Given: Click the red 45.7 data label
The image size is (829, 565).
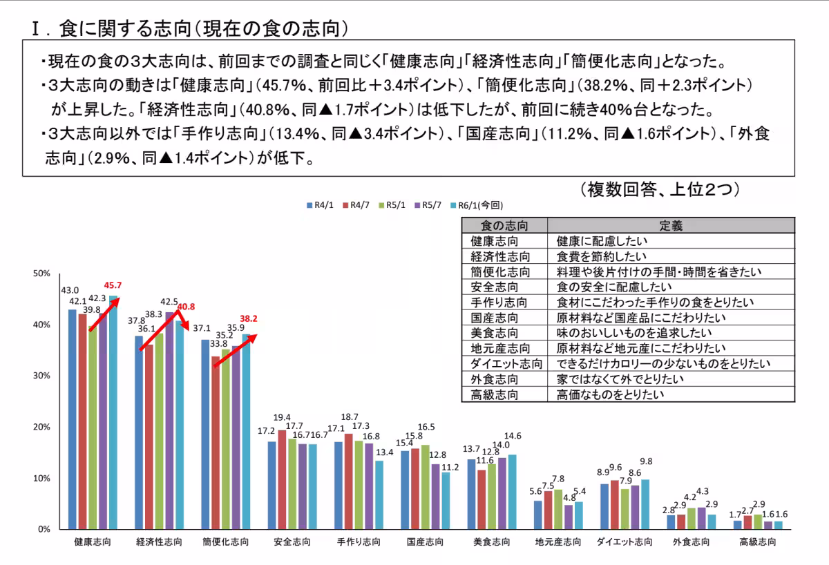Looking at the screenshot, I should tap(113, 285).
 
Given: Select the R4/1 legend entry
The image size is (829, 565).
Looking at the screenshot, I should tap(321, 205).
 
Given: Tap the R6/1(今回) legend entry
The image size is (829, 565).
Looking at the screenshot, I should tap(477, 205).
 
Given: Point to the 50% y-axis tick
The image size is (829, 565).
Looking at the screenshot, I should tap(41, 274).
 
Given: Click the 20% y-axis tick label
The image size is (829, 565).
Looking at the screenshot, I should tap(41, 427).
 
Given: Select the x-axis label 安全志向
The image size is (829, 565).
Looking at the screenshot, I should tap(292, 542).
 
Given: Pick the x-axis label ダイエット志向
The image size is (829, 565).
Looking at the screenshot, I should tap(625, 542).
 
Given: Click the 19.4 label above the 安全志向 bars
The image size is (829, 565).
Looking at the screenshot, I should tap(282, 417).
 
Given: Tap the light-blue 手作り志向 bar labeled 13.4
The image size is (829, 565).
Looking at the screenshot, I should tap(379, 495).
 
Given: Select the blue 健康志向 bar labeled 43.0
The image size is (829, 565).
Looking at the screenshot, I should tap(73, 419).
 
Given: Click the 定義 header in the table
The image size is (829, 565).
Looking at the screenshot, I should tap(671, 225).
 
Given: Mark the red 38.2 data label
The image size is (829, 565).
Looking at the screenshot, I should tap(248, 319).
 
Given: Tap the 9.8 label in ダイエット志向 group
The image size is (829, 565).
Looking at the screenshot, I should tap(647, 462).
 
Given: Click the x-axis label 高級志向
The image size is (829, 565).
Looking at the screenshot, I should tap(757, 542).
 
